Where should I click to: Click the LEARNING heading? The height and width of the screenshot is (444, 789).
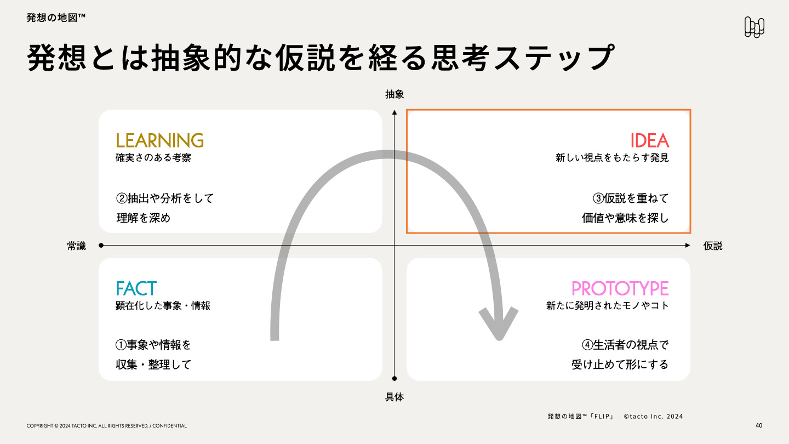point(159,141)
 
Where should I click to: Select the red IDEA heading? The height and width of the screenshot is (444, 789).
point(649,141)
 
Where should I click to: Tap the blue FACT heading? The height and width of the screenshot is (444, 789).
point(136,288)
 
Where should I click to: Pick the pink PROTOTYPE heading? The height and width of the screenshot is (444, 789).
point(620,288)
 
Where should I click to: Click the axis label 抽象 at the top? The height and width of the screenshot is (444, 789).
point(395,94)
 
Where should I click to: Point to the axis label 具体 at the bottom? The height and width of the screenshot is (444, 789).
point(395,397)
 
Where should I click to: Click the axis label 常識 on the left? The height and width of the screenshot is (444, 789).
point(77,246)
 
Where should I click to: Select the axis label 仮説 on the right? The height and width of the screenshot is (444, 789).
point(713,246)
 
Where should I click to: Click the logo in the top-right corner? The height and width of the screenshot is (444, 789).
point(754,27)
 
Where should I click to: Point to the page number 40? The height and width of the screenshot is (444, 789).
point(758,425)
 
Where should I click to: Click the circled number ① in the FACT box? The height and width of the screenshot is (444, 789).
point(121,345)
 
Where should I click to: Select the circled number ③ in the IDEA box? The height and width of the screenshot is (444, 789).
point(599,198)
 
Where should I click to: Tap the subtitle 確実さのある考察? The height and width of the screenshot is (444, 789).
point(153,158)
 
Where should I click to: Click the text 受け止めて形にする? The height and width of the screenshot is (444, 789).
point(620,365)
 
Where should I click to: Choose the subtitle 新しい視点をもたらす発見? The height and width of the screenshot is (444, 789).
point(612,158)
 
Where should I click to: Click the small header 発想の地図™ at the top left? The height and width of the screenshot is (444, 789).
point(55,18)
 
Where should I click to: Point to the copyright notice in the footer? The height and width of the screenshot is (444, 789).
point(106,426)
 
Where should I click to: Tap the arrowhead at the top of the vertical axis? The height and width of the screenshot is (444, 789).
point(395,112)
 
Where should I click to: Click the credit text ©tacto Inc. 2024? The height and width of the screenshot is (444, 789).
point(653,416)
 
